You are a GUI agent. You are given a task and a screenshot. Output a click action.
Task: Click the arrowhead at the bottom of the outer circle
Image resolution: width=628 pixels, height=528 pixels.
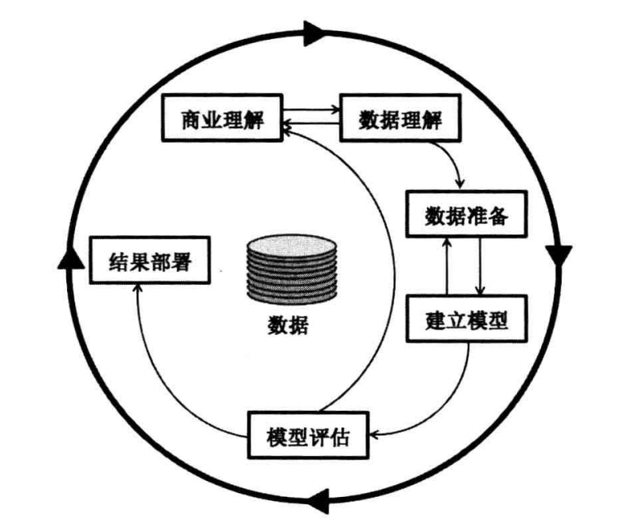tap(318, 500)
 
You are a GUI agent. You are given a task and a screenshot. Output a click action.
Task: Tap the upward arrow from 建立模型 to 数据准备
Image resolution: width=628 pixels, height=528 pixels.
tap(448, 266)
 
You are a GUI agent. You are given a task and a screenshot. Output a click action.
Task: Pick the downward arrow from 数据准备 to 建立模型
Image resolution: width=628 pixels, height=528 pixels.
tap(480, 266)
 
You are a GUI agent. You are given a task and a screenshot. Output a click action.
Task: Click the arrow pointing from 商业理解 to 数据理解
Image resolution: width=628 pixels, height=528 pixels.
tap(314, 110)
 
